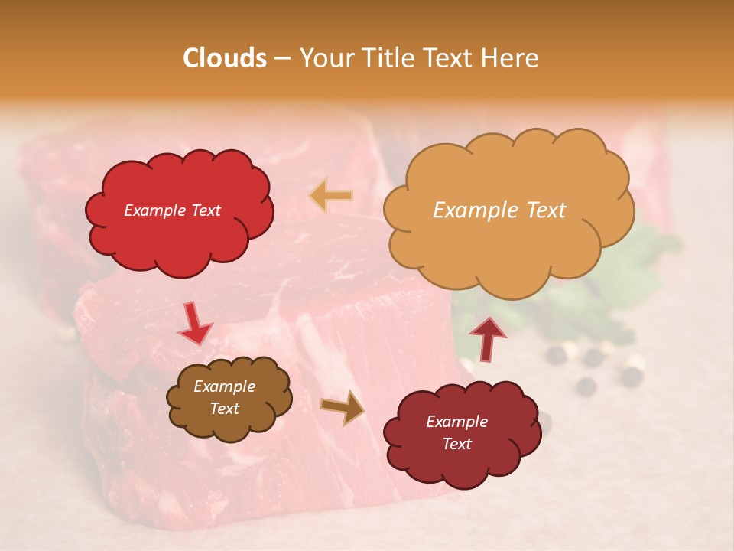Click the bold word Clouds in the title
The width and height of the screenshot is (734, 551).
click(x=225, y=58)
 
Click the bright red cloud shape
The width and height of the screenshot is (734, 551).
click(x=179, y=230)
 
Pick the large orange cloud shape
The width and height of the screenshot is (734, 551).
click(x=508, y=245)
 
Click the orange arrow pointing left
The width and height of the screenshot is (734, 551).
click(x=331, y=195)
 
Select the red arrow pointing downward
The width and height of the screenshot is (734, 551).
click(x=196, y=322)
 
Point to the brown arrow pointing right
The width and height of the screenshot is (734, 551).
click(x=343, y=407)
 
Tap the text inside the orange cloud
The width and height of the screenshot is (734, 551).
click(x=499, y=210)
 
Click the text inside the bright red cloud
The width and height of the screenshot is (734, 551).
click(x=172, y=210)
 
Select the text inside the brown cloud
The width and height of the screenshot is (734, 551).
click(x=224, y=397)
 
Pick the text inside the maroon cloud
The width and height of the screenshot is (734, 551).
click(x=456, y=432)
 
